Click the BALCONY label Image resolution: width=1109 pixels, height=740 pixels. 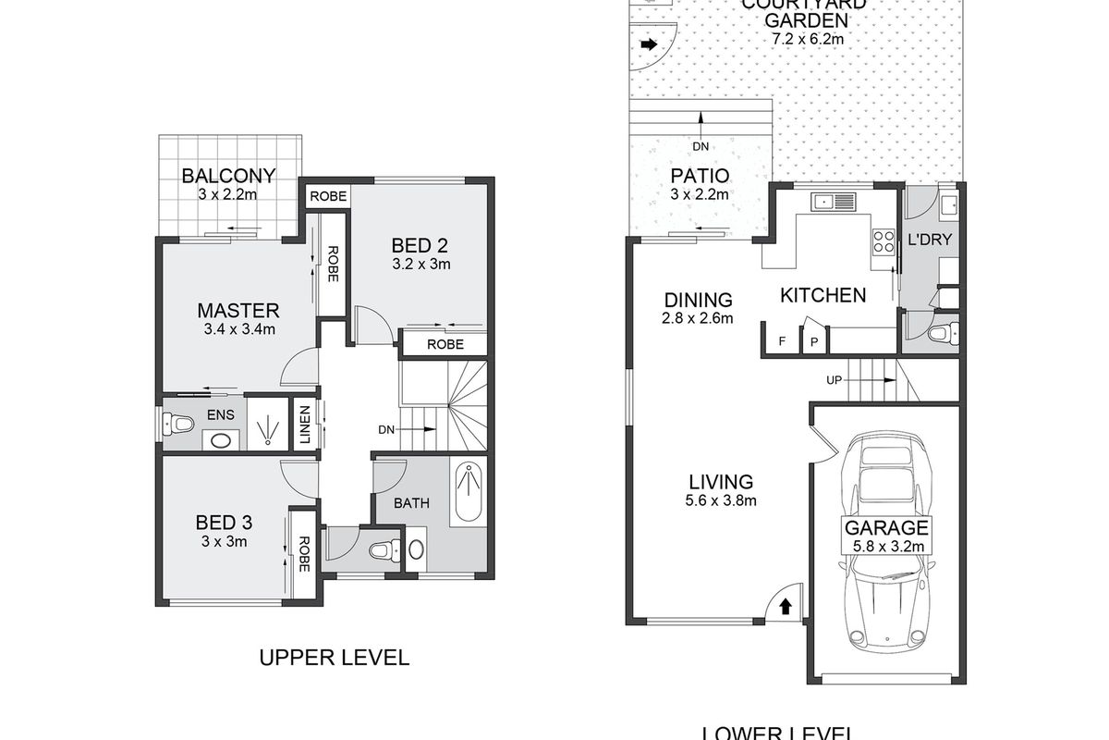coord(228,176)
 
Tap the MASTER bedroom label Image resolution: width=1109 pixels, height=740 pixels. coord(238,310)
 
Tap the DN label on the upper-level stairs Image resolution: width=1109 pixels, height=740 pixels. coord(388,429)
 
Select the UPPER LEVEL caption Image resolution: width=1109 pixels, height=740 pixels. coord(334,658)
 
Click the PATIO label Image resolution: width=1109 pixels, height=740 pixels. coord(700,176)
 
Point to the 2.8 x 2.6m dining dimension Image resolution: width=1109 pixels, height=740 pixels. coord(699,319)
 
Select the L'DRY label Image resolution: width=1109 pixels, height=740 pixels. coord(930,240)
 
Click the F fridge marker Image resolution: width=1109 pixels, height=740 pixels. coord(782,341)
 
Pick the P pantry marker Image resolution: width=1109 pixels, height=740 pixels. coord(814,341)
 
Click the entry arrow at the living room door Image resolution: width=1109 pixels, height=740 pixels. coord(785,607)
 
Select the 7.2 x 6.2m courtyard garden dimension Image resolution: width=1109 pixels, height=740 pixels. coord(809,39)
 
